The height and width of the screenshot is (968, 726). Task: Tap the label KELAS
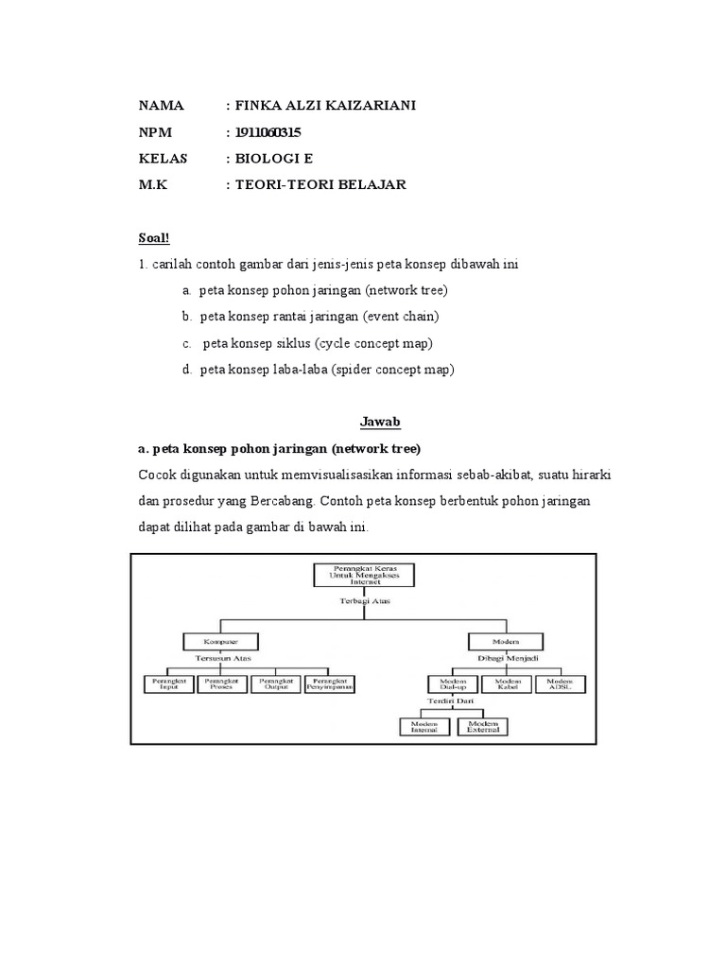163,158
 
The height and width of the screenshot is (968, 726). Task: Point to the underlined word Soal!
154,237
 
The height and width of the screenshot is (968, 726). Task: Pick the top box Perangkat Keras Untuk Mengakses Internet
364,574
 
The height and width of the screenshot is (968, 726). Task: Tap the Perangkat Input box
168,683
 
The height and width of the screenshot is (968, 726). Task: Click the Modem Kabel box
506,683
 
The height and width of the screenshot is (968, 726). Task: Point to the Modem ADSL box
561,683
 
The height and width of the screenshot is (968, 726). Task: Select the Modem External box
482,726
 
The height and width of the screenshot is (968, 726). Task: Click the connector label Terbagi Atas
364,600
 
